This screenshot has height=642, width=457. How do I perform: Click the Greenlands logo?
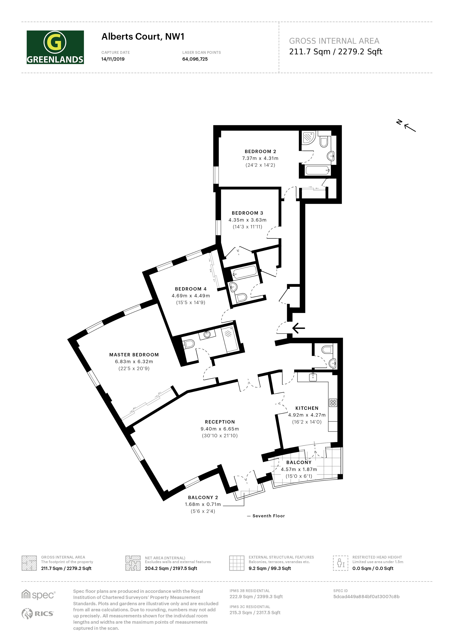(x=55, y=47)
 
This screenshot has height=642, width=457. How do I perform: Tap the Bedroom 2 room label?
(x=260, y=151)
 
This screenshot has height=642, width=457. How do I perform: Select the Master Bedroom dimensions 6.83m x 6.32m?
(x=134, y=362)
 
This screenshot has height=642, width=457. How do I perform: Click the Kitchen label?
(x=307, y=408)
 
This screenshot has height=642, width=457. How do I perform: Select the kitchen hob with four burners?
(x=333, y=403)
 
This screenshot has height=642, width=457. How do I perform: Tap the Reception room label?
(x=220, y=422)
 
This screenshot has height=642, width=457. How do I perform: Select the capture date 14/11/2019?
(x=113, y=59)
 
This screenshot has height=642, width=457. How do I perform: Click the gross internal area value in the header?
(x=336, y=51)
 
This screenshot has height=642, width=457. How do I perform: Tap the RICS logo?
(x=37, y=613)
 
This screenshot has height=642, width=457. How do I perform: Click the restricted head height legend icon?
(x=340, y=563)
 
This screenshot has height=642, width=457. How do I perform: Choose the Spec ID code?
(x=366, y=596)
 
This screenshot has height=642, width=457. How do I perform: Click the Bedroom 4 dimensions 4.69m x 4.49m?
(x=191, y=296)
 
